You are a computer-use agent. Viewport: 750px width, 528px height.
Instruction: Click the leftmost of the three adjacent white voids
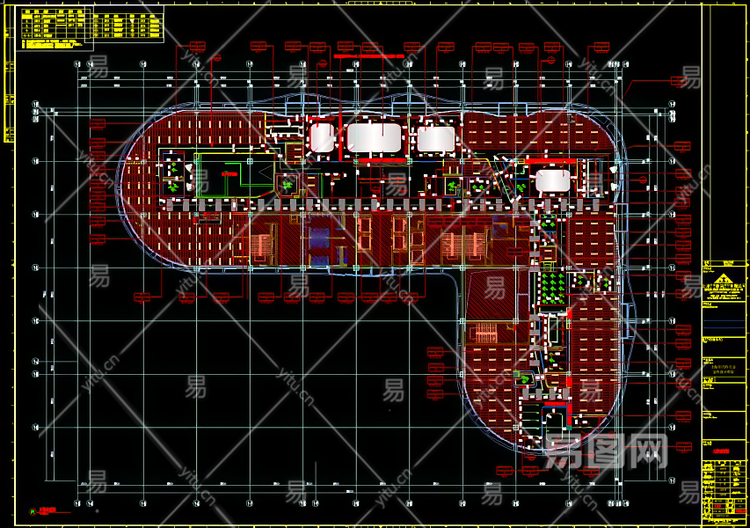322,137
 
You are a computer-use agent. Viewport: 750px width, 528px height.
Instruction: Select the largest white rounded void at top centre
375,137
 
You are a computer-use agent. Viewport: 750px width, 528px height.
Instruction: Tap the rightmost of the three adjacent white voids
434,138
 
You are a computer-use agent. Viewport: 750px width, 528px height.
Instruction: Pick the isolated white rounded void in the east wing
552,180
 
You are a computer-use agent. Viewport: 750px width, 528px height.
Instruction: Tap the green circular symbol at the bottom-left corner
33,510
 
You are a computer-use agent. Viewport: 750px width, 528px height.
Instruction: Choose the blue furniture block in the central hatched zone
319,238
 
